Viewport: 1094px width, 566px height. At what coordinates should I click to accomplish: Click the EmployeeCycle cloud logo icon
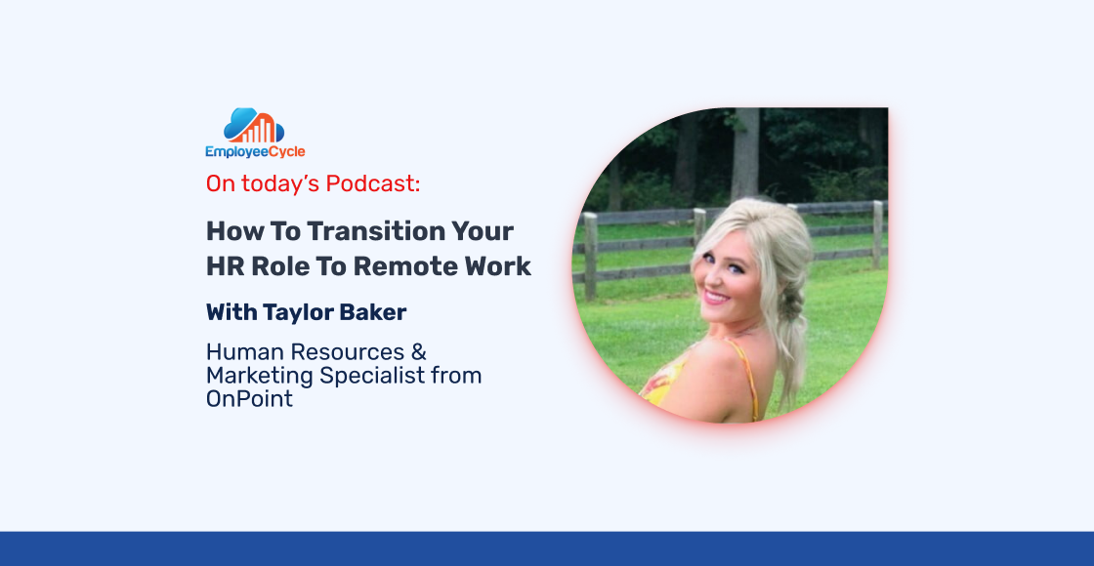pos(254,125)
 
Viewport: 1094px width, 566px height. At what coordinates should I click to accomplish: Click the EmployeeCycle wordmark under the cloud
pos(255,152)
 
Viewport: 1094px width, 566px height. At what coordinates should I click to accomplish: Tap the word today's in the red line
pos(280,183)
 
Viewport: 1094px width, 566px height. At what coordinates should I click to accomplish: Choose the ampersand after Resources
pos(417,352)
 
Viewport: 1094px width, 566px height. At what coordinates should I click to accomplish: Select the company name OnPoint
pos(249,399)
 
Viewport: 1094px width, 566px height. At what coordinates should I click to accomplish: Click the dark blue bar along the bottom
pos(547,548)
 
